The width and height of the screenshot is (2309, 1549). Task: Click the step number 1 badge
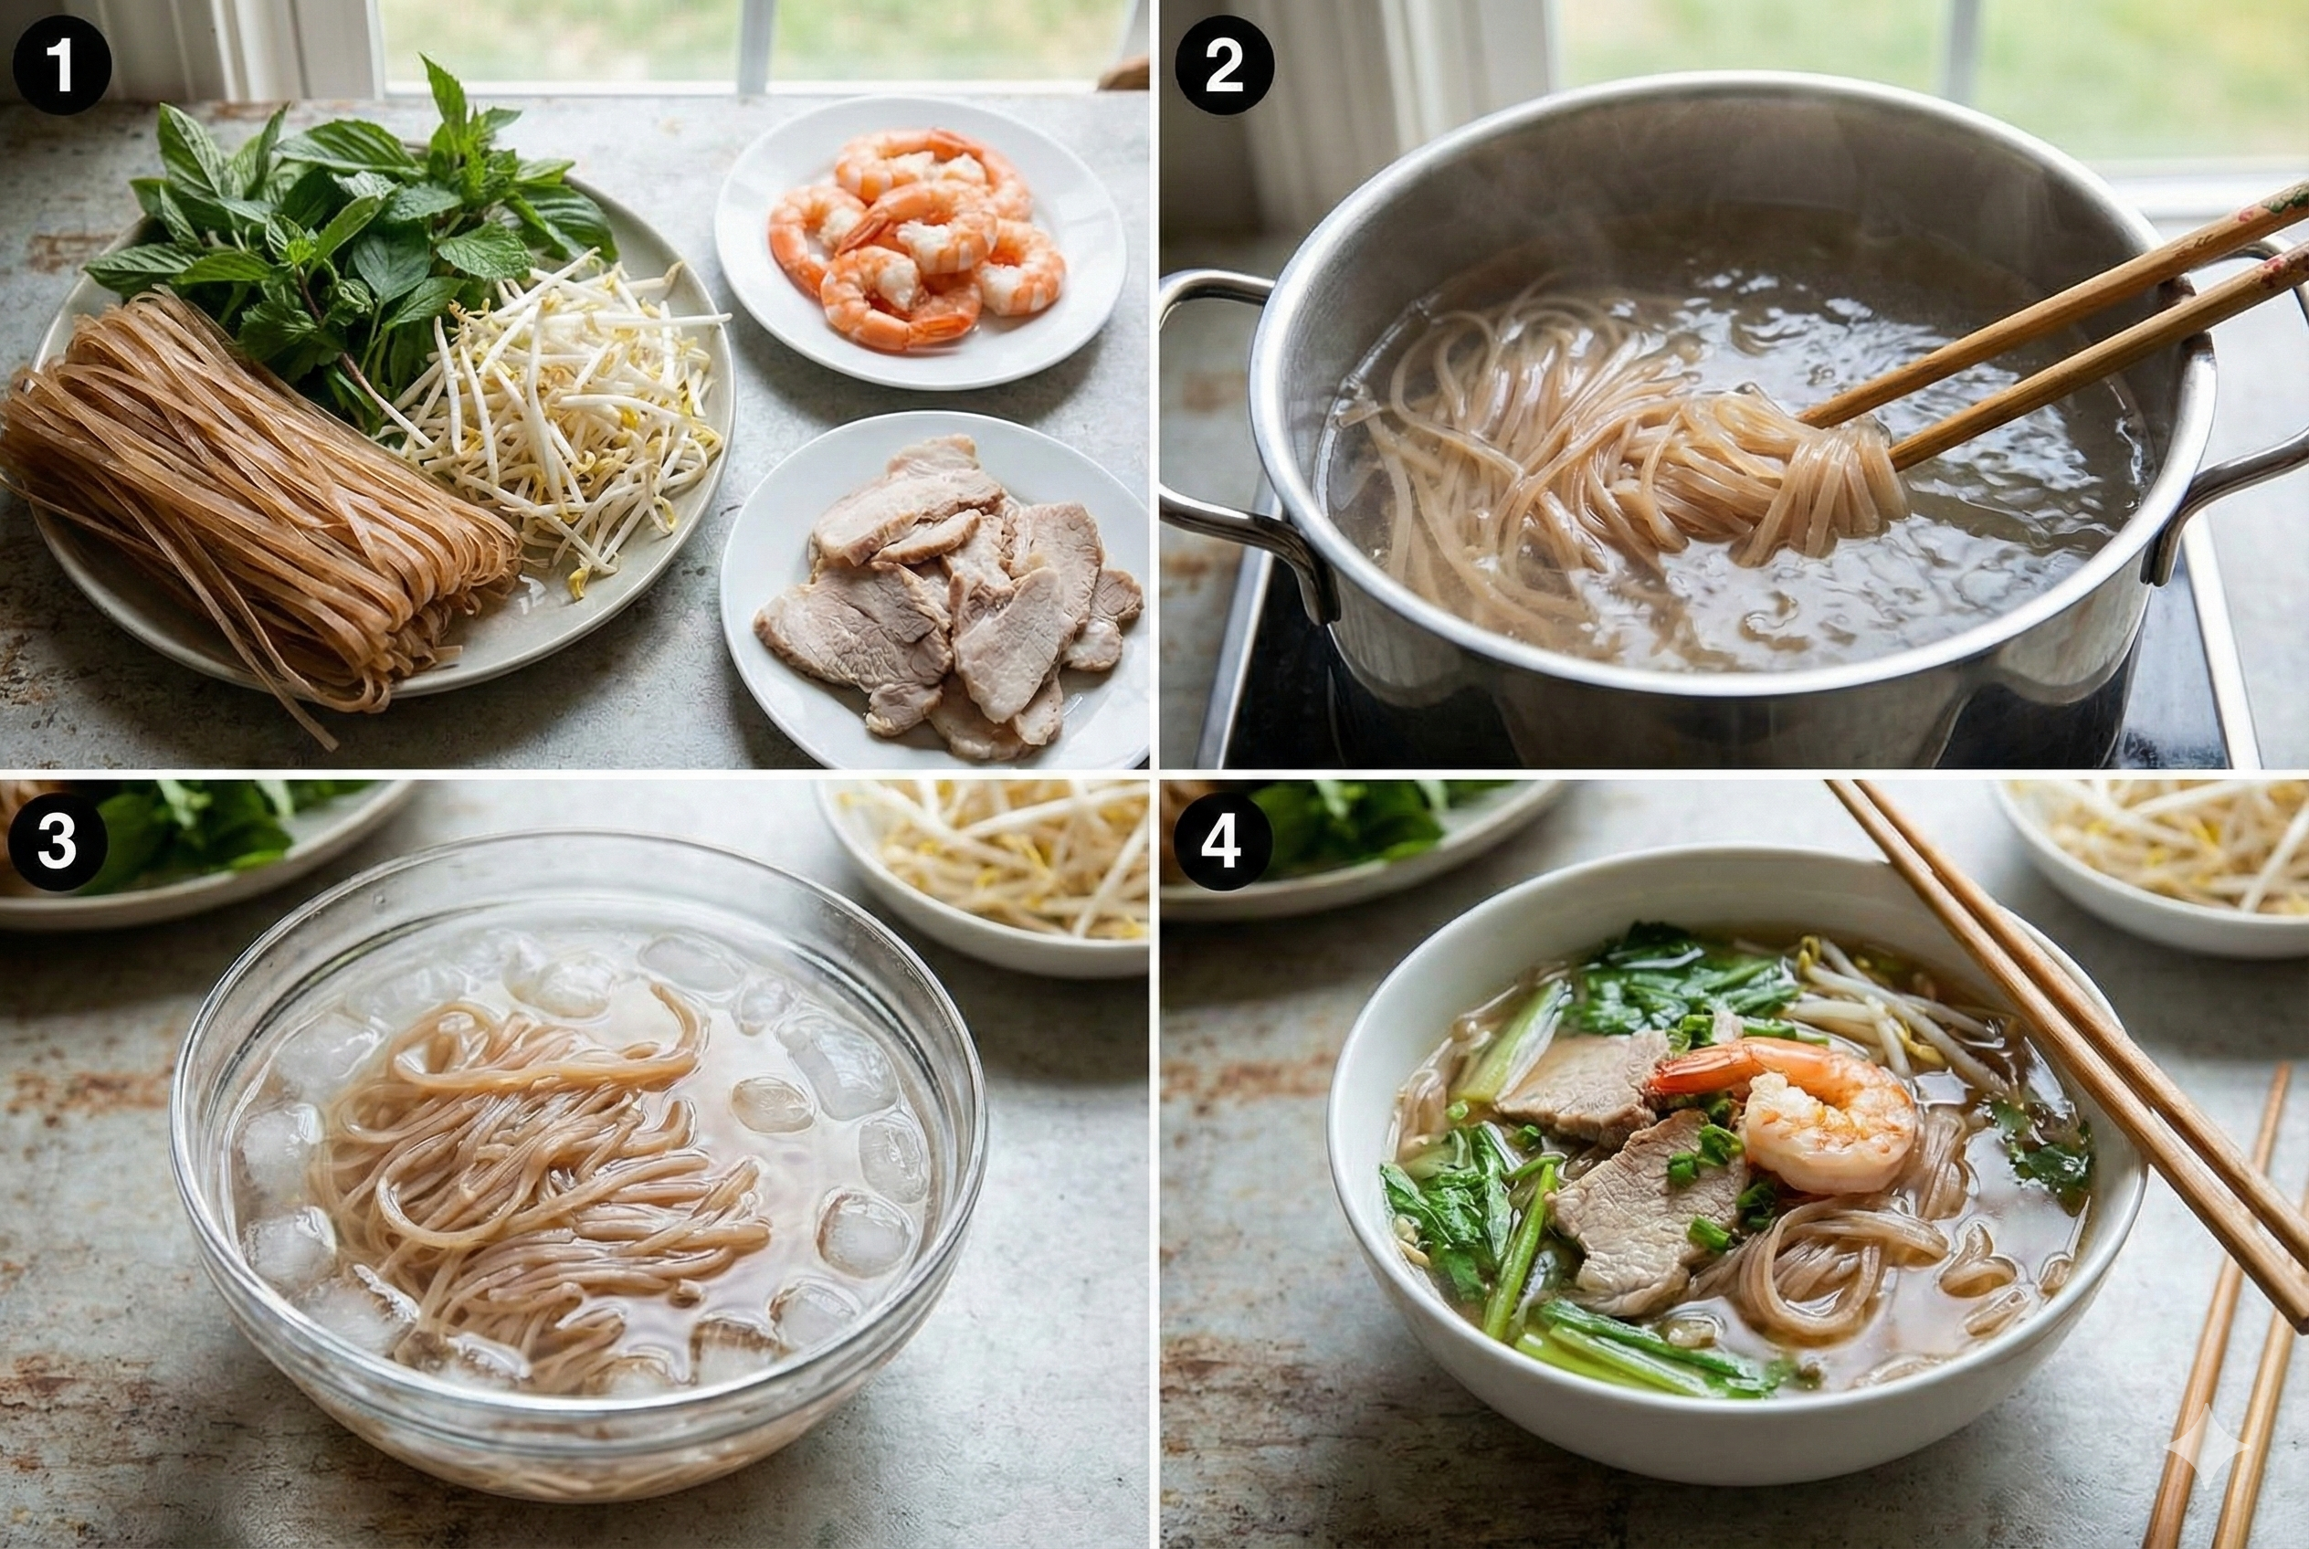[61, 65]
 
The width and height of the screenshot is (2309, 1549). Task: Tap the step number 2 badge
[1223, 65]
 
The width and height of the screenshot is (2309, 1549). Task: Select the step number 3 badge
[57, 842]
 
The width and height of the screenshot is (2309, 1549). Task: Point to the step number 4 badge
[1221, 842]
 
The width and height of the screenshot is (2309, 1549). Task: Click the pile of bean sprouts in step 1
[573, 415]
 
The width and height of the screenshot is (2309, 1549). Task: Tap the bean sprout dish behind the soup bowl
[2164, 859]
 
